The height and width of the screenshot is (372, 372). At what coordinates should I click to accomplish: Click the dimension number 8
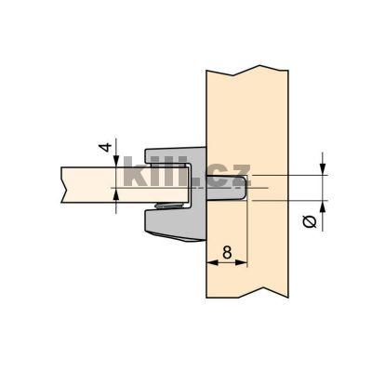click(x=225, y=252)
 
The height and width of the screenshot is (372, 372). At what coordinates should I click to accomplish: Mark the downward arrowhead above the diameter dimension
click(x=322, y=168)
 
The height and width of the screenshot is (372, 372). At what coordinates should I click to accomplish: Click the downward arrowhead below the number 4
click(x=116, y=162)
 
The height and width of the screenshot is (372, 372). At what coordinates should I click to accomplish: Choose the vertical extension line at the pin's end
click(x=247, y=232)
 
